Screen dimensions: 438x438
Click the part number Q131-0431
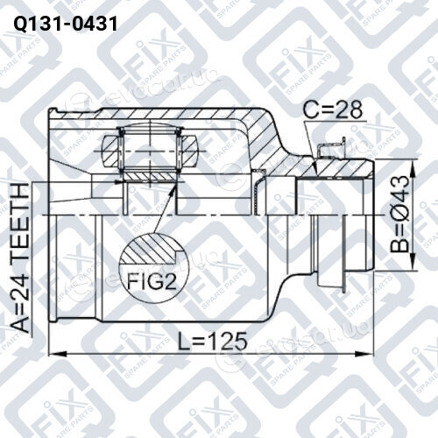click(66, 24)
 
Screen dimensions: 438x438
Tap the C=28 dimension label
click(333, 109)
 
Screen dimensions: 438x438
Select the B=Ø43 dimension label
click(399, 214)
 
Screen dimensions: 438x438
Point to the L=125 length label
click(213, 341)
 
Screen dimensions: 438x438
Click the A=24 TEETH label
click(21, 258)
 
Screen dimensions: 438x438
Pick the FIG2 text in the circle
click(152, 282)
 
